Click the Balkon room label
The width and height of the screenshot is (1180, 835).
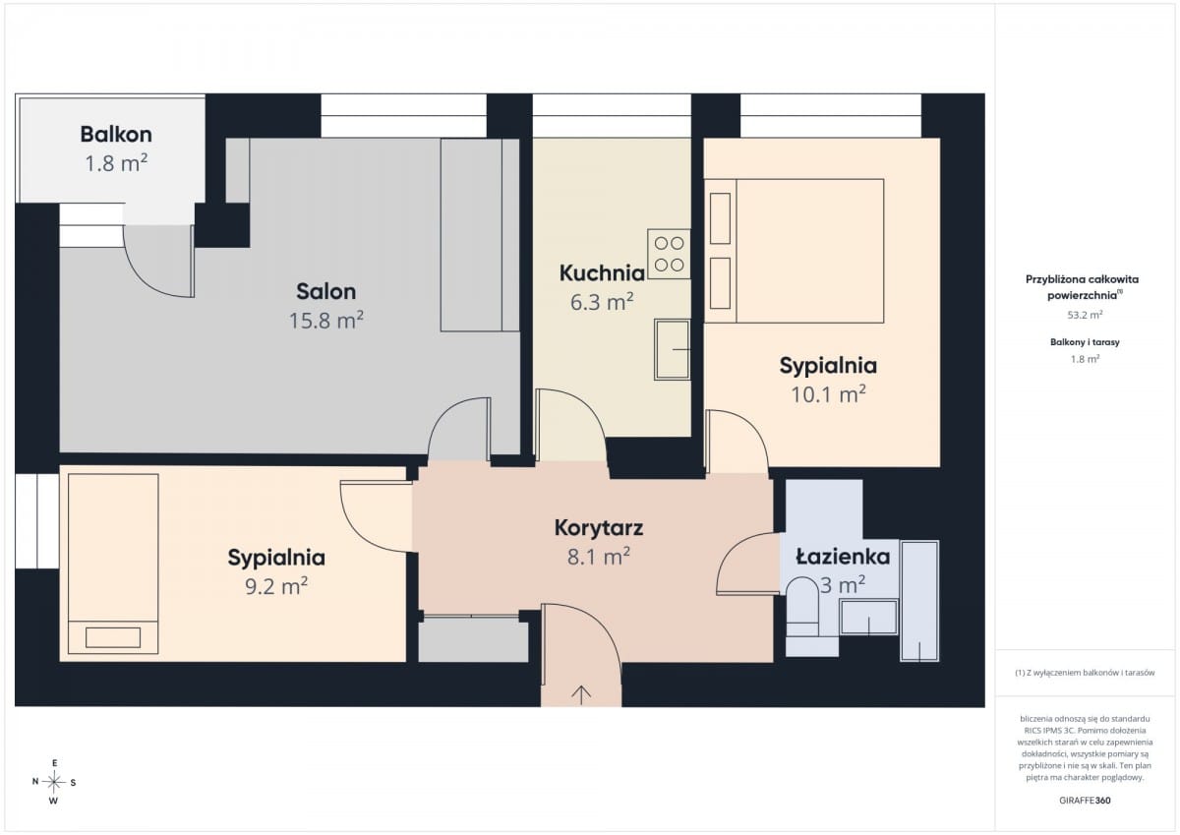[x=116, y=135]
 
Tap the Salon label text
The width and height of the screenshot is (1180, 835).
[x=326, y=291]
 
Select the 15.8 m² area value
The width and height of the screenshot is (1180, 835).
[x=326, y=321]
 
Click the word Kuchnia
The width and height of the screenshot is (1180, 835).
[x=602, y=272]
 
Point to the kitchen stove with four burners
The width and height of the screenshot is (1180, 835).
[x=669, y=254]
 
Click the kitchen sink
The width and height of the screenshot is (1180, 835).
[x=673, y=349]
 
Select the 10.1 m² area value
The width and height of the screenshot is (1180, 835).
[x=828, y=394]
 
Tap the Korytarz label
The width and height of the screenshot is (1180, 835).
[x=599, y=528]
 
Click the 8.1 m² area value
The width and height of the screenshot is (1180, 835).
[x=599, y=557]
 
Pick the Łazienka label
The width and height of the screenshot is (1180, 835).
[x=843, y=557]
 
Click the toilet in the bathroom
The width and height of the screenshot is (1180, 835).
[x=801, y=607]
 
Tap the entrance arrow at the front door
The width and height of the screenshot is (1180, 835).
[x=581, y=695]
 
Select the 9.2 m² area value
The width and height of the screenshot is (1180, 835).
[x=276, y=586]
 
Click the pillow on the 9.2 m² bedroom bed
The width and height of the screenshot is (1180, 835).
[x=113, y=637]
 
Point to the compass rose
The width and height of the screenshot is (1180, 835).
[x=54, y=782]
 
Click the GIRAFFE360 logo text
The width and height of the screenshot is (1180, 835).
[x=1085, y=801]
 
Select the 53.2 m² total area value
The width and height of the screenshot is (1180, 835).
[x=1085, y=315]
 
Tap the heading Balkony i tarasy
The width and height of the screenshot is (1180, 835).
[x=1085, y=342]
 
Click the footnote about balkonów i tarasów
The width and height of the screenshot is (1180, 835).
[x=1085, y=673]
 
